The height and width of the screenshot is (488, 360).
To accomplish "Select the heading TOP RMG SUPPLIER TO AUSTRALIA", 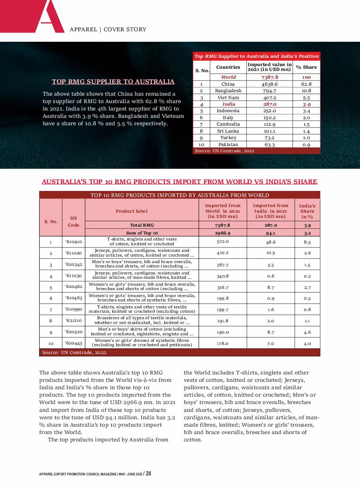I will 113,82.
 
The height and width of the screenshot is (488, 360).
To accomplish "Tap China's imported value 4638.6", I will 269,84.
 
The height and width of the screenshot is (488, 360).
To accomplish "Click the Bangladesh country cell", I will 228,90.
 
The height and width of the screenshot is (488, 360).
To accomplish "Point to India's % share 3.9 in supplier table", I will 306,104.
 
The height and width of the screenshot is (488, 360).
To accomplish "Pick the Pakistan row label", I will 228,144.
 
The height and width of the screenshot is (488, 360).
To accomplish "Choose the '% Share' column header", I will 306,67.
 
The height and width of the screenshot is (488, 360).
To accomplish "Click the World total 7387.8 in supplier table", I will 269,77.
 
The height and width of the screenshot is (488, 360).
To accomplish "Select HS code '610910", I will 74,242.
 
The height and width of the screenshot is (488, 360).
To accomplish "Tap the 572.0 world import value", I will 222,241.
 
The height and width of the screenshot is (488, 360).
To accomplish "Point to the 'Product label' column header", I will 131,211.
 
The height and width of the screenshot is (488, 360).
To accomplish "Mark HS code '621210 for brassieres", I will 74,321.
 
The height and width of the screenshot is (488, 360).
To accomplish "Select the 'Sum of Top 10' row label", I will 141,233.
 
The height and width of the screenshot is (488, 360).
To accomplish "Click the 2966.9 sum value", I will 222,233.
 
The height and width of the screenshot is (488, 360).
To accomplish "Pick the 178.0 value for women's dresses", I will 222,343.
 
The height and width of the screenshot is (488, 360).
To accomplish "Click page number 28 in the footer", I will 148,474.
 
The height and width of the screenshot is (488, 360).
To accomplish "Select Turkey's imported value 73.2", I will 269,137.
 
